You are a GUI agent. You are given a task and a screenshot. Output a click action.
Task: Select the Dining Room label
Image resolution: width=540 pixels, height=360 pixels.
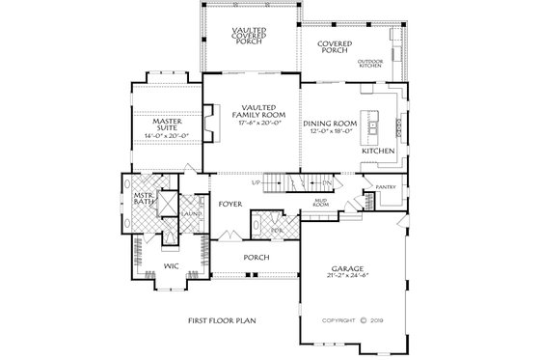(331, 124)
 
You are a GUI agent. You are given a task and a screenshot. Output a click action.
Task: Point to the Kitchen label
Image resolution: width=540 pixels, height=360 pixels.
(377, 152)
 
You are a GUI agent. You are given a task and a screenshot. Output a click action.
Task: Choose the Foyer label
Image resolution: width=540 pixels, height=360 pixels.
(229, 204)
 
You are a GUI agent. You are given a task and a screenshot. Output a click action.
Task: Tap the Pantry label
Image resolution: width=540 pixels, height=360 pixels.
(386, 188)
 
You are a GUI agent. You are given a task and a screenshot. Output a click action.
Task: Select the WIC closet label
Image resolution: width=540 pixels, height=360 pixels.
(171, 263)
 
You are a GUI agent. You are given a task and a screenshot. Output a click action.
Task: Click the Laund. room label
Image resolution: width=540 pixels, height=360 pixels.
(191, 211)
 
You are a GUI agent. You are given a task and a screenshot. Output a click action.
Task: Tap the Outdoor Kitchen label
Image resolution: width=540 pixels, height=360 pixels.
(371, 65)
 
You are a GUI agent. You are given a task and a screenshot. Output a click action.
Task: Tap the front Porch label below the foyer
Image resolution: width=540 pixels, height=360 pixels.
(256, 258)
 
